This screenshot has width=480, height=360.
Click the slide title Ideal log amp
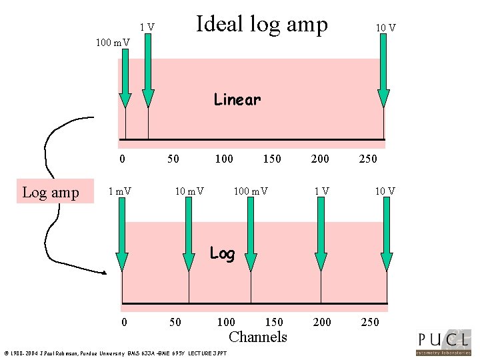click(x=261, y=25)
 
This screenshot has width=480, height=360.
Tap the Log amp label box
click(x=51, y=193)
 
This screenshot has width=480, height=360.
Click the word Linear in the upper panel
click(x=237, y=100)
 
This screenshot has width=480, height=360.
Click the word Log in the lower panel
click(x=222, y=253)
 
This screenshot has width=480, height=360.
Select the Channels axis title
click(x=257, y=337)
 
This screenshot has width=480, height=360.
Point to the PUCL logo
click(x=443, y=341)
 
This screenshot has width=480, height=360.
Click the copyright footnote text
click(x=115, y=353)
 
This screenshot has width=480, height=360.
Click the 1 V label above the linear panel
click(x=147, y=27)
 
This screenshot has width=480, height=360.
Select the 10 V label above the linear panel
click(x=385, y=27)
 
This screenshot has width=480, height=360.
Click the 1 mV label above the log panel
click(x=120, y=192)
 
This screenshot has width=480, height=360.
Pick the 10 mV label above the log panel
click(x=189, y=192)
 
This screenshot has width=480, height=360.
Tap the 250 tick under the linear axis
click(x=368, y=159)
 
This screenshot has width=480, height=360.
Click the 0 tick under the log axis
click(x=125, y=323)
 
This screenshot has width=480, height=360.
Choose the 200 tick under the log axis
click(x=322, y=323)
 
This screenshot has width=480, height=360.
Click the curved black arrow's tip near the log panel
click(x=106, y=273)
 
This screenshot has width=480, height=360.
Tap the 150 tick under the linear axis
click(x=272, y=159)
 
